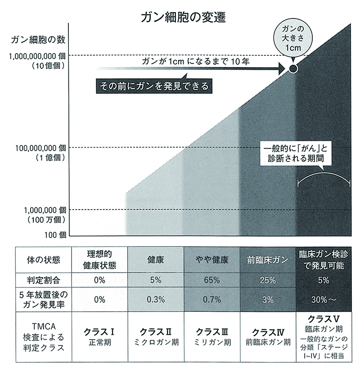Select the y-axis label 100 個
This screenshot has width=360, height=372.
pyautogui.click(x=55, y=234)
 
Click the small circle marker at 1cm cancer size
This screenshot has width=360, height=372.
pyautogui.click(x=293, y=69)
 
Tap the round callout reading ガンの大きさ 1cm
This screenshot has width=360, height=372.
pyautogui.click(x=293, y=38)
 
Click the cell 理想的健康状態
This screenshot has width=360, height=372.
pyautogui.click(x=100, y=260)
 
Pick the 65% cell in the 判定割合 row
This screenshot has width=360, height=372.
pyautogui.click(x=211, y=280)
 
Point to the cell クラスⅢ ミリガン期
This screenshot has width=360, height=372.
pyautogui.click(x=211, y=336)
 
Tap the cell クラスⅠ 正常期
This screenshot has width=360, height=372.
pyautogui.click(x=100, y=336)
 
